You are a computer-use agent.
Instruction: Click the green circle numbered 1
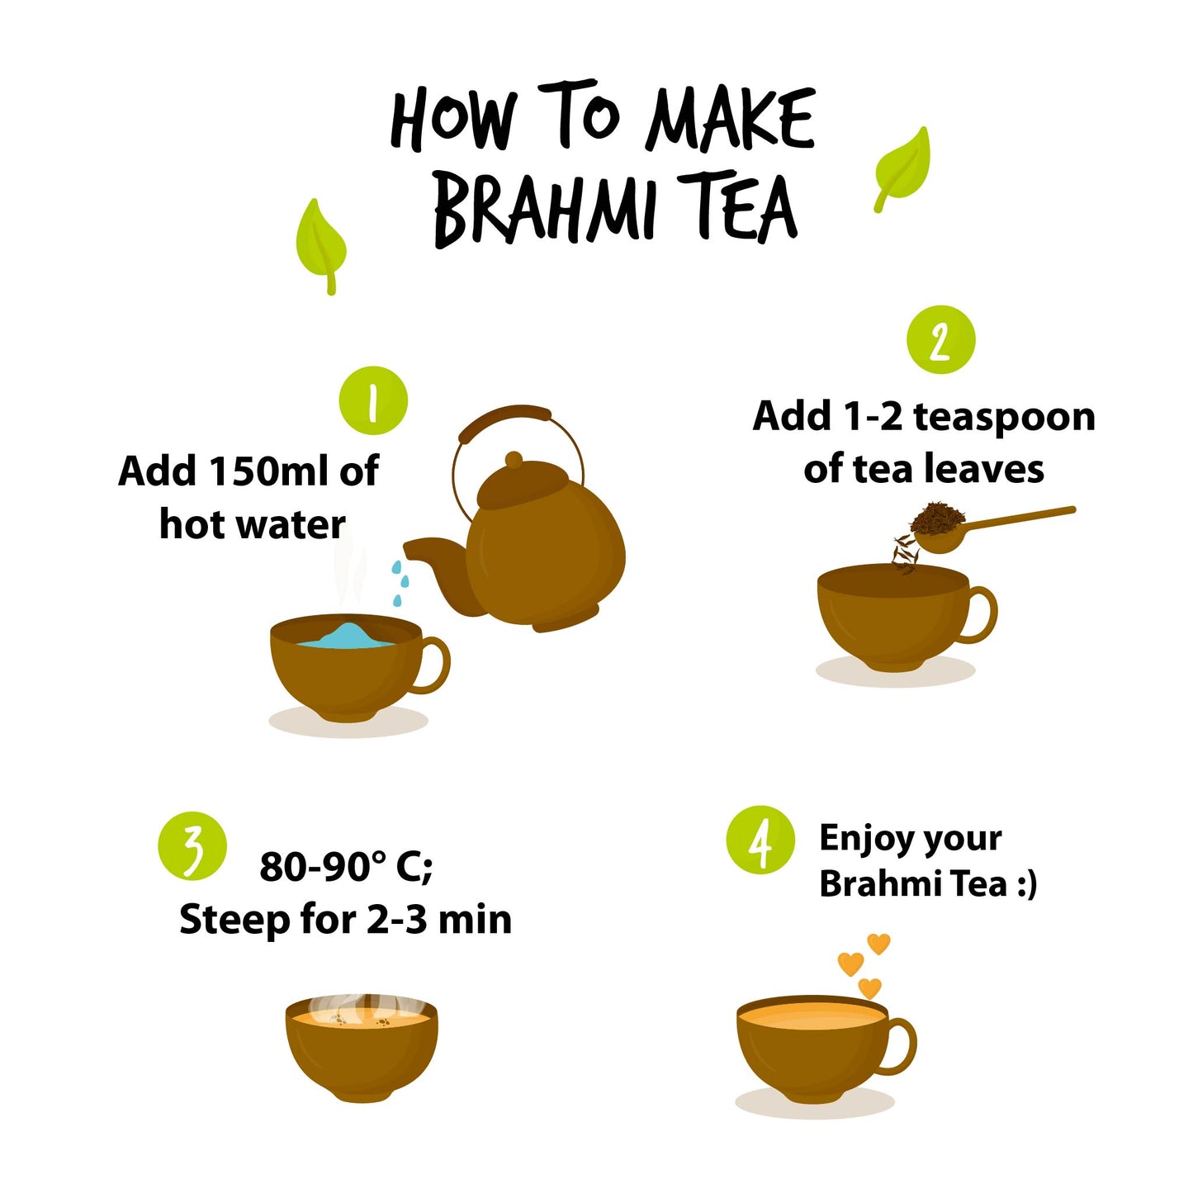(373, 400)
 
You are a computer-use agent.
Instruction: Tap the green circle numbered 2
(940, 339)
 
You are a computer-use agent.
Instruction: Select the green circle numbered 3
(192, 845)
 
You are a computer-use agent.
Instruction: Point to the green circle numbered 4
(760, 839)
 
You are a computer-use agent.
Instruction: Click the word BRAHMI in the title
(544, 209)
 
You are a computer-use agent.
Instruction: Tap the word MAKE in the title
(731, 118)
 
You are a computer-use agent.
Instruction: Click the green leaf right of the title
(902, 169)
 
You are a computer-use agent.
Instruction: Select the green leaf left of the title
(320, 246)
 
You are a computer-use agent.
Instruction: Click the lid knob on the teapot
(514, 459)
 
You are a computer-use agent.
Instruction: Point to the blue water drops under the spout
(400, 583)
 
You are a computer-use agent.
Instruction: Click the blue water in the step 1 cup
(346, 637)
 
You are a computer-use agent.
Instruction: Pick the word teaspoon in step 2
(1004, 416)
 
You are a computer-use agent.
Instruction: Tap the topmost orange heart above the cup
(878, 944)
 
